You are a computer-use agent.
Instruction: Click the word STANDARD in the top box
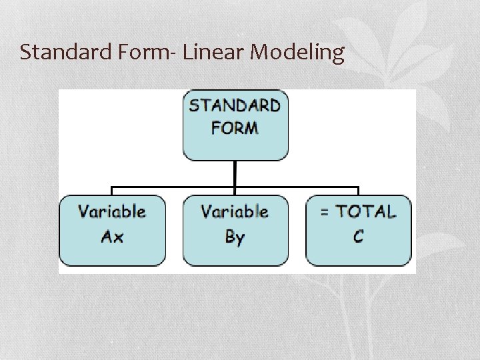click(235, 106)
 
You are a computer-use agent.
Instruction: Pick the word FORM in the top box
click(235, 127)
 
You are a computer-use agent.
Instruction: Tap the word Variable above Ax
click(112, 212)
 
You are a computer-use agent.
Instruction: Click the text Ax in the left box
click(112, 237)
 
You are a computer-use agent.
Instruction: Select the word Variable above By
click(235, 212)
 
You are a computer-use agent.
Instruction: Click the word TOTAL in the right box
click(365, 212)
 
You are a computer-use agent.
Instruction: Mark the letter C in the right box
click(359, 237)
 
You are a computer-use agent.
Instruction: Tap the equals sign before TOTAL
click(325, 213)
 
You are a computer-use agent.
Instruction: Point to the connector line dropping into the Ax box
click(111, 191)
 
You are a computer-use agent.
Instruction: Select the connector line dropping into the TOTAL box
click(359, 191)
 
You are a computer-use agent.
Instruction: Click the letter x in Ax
click(118, 238)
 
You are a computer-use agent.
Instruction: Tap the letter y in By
click(241, 239)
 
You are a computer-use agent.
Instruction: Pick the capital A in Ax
click(106, 237)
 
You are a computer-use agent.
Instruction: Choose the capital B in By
click(229, 237)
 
